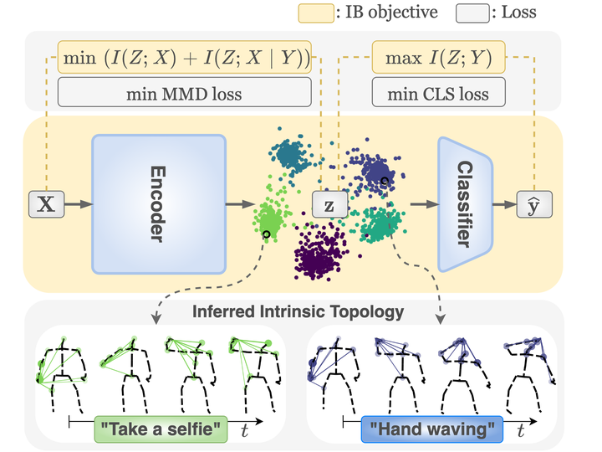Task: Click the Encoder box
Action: click(x=159, y=203)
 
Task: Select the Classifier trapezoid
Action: click(x=465, y=203)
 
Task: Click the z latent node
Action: click(x=329, y=204)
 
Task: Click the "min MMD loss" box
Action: click(x=184, y=94)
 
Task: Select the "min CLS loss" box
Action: click(x=438, y=94)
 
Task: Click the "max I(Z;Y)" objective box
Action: click(x=438, y=59)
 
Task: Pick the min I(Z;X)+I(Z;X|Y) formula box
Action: click(x=184, y=59)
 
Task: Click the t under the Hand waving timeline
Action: click(x=520, y=430)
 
